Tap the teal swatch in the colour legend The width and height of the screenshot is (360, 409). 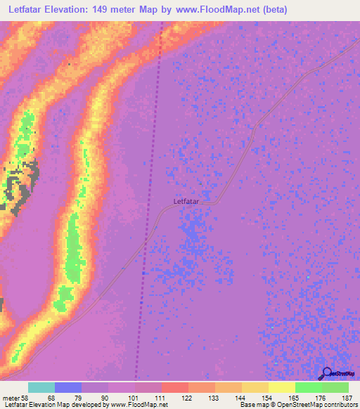pos(41,387)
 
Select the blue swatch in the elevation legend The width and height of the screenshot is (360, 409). pos(68,387)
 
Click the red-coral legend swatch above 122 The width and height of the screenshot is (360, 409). pos(175,387)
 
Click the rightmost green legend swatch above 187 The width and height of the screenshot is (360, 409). pos(335,387)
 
